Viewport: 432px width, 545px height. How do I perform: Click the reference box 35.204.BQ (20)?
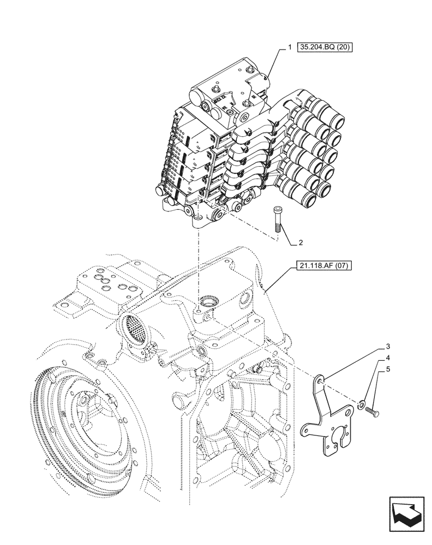pyautogui.click(x=326, y=48)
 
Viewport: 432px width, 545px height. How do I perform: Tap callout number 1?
pyautogui.click(x=290, y=48)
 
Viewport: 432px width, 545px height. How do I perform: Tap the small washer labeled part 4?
pyautogui.click(x=362, y=404)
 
